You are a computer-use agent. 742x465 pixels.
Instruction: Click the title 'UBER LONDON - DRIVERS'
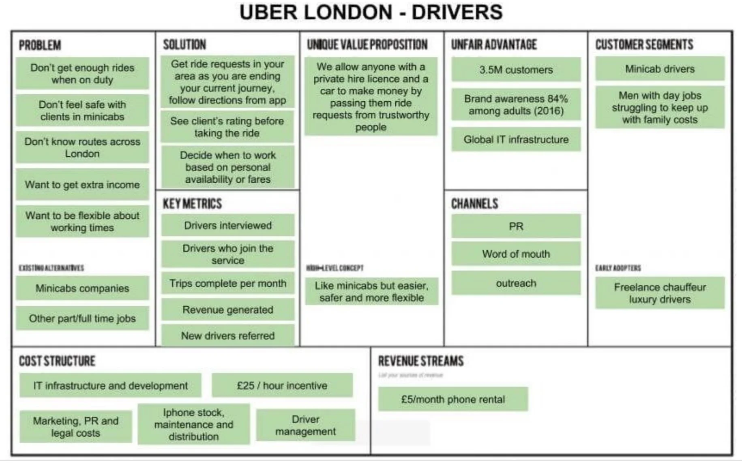pyautogui.click(x=371, y=12)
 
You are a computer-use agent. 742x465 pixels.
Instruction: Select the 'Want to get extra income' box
pyautogui.click(x=82, y=185)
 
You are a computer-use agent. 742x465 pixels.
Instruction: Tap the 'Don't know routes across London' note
pyautogui.click(x=82, y=147)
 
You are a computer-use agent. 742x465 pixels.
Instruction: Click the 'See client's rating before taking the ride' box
pyautogui.click(x=227, y=127)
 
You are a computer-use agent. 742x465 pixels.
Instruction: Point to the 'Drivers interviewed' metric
pyautogui.click(x=227, y=225)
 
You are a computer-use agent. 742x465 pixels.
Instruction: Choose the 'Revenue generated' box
pyautogui.click(x=227, y=310)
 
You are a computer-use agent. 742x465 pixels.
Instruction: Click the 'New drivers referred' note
pyautogui.click(x=227, y=336)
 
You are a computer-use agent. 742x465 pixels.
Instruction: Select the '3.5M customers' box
pyautogui.click(x=516, y=70)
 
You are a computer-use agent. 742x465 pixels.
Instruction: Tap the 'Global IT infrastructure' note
pyautogui.click(x=516, y=140)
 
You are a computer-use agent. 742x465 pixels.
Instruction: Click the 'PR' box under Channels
pyautogui.click(x=516, y=226)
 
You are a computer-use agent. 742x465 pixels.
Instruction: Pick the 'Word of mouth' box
pyautogui.click(x=516, y=254)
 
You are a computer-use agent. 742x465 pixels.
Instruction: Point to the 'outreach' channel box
pyautogui.click(x=516, y=283)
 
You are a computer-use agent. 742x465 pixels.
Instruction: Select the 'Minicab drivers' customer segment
pyautogui.click(x=660, y=69)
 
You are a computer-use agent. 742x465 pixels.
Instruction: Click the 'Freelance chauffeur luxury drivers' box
pyautogui.click(x=660, y=293)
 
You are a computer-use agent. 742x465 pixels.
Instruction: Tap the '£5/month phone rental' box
pyautogui.click(x=453, y=399)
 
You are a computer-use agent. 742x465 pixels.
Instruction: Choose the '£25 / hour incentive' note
pyautogui.click(x=282, y=386)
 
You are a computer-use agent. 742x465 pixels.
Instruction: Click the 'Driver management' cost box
pyautogui.click(x=305, y=425)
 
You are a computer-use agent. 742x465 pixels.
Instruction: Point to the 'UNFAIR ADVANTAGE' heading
pyautogui.click(x=494, y=45)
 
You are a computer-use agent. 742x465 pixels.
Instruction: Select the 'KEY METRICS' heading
pyautogui.click(x=192, y=204)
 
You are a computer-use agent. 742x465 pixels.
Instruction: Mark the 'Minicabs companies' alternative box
pyautogui.click(x=82, y=288)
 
